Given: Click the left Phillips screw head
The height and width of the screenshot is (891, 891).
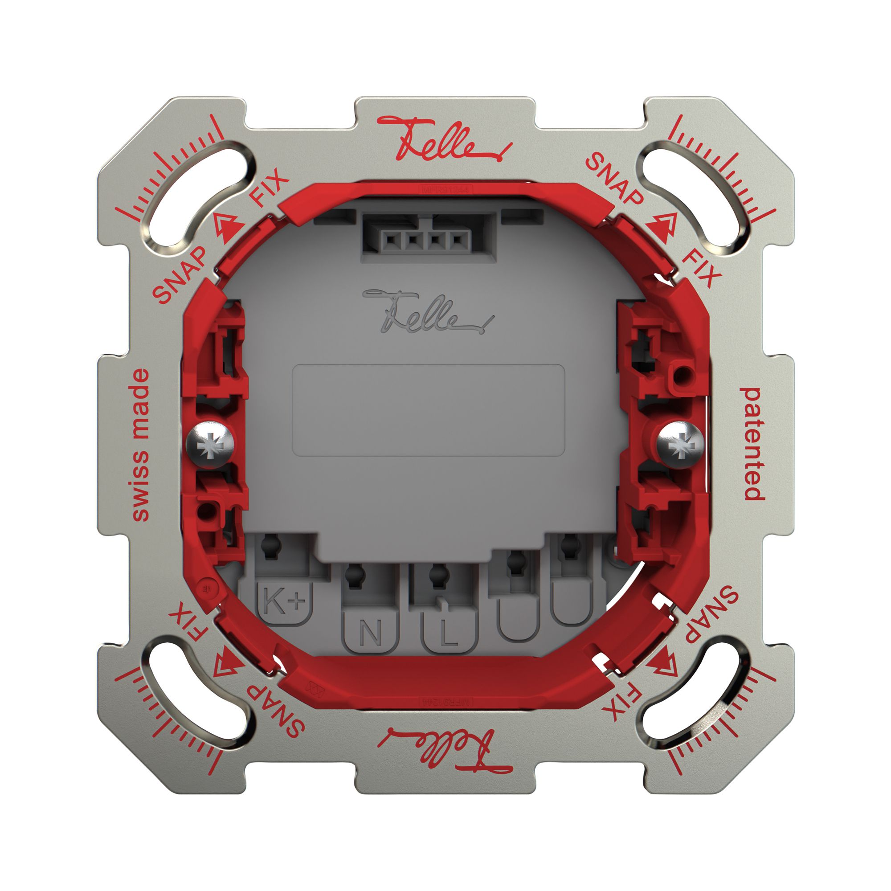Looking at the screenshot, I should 210,445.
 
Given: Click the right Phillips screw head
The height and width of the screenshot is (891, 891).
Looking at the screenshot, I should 680,445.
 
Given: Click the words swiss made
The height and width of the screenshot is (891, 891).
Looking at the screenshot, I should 141,445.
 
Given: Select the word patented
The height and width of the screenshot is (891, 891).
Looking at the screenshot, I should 752,444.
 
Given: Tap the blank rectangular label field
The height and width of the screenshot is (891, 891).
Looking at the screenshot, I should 429,410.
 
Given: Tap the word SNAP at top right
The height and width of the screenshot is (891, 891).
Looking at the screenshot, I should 614,180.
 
